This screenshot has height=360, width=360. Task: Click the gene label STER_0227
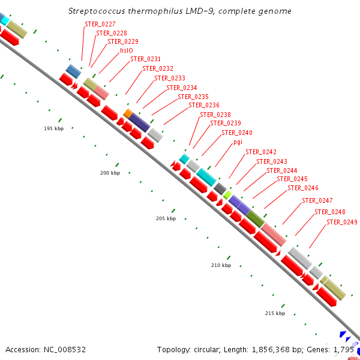pyautogui.click(x=100, y=24)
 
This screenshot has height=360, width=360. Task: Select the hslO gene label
pyautogui.click(x=126, y=51)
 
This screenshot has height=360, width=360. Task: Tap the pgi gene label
pyautogui.click(x=238, y=142)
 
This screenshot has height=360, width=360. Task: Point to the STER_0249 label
pyautogui.click(x=342, y=222)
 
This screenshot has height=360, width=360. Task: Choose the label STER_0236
pyautogui.click(x=204, y=105)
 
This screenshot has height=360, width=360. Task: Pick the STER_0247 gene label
pyautogui.click(x=317, y=200)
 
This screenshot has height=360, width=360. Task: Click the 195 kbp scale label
pyautogui.click(x=53, y=128)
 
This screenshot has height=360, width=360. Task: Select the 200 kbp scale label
pyautogui.click(x=110, y=173)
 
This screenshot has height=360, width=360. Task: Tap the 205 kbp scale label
pyautogui.click(x=166, y=218)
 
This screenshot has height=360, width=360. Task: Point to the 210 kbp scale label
pyautogui.click(x=221, y=265)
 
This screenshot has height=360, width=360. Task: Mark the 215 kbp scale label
pyautogui.click(x=275, y=313)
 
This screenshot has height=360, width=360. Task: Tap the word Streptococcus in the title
pyautogui.click(x=97, y=11)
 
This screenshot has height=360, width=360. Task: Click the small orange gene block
pyautogui.click(x=128, y=113)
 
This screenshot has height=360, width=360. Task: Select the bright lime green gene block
pyautogui.click(x=227, y=194)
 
